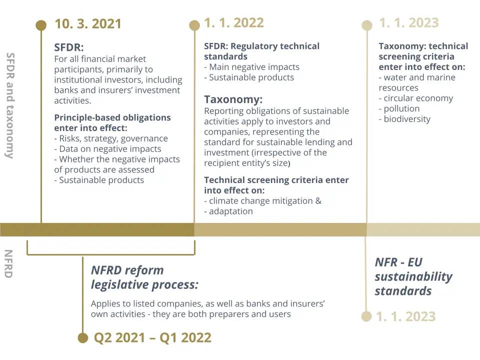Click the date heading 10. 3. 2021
[x=88, y=24]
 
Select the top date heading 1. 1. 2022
[x=234, y=23]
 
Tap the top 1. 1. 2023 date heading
[x=408, y=23]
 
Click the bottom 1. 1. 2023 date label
[x=405, y=316]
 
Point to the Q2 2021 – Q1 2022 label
[x=152, y=337]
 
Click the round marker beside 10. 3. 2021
[x=41, y=25]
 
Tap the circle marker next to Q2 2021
[x=82, y=338]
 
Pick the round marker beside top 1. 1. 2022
[x=194, y=25]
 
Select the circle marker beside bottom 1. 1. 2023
[x=366, y=316]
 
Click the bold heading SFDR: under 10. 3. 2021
[x=69, y=47]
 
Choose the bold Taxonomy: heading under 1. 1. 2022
[x=233, y=99]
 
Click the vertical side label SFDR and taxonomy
[x=10, y=105]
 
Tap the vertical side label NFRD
[x=8, y=264]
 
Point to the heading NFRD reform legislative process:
[x=144, y=277]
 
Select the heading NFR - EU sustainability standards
[x=413, y=276]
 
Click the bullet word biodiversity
[x=407, y=119]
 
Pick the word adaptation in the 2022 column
[x=231, y=211]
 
